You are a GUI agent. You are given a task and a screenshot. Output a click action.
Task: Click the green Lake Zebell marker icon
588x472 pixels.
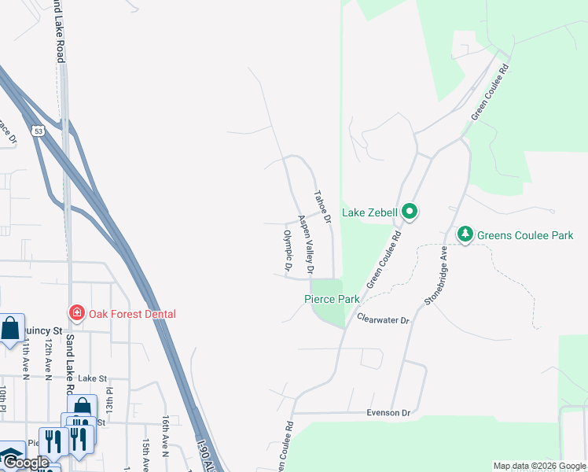[x=409, y=212]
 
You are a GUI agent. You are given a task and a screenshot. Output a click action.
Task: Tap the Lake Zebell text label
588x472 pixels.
[x=371, y=212]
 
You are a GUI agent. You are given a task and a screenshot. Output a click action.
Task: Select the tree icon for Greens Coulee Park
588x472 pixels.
[x=465, y=234]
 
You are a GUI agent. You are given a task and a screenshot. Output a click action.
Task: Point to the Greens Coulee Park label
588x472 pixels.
[x=525, y=235]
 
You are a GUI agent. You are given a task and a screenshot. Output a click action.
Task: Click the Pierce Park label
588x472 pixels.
[x=332, y=299]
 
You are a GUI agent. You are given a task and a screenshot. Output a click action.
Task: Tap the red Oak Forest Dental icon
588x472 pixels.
[x=76, y=313]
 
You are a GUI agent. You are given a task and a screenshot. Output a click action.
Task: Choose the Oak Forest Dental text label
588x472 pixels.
[x=132, y=314]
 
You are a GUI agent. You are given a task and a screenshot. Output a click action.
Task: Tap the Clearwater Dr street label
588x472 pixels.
[x=383, y=320]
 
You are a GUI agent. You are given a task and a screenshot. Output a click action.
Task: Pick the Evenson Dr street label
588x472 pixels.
[x=388, y=413]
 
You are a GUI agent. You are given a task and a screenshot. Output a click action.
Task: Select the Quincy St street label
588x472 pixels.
[x=42, y=330]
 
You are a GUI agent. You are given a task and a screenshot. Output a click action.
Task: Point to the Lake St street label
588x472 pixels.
[x=91, y=378]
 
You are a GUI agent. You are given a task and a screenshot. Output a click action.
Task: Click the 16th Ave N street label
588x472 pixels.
[x=166, y=437]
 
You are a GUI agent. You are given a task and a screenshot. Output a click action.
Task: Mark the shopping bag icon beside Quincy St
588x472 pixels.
[x=11, y=329]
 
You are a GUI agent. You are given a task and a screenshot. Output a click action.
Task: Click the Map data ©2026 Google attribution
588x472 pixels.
[x=539, y=466]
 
